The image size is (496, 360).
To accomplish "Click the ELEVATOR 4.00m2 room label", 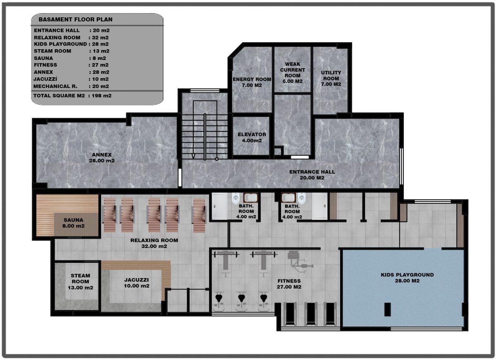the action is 252,138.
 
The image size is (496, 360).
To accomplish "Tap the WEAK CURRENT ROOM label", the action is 292,73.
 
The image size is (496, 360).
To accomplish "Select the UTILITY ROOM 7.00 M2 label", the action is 331,79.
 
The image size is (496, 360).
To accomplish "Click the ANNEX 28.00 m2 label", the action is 102,157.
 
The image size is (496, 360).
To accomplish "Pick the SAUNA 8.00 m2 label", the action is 73,223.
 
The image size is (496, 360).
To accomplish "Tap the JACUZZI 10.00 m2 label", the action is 136,283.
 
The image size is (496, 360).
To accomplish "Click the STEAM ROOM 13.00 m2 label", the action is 80,281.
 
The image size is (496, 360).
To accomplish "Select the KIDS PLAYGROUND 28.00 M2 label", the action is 407,278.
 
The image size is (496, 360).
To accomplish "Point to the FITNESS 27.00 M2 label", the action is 289,284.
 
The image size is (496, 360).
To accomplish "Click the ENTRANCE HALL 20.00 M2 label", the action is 312,175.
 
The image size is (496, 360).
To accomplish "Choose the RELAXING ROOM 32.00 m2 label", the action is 154,243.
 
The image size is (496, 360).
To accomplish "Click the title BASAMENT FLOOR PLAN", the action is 76,19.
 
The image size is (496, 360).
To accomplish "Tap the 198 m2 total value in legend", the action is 102,95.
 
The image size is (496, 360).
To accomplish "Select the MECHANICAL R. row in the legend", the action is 71,86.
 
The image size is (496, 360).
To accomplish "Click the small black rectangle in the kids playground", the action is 388,309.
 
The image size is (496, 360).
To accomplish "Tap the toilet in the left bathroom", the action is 236,198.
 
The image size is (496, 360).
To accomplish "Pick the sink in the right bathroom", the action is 288,198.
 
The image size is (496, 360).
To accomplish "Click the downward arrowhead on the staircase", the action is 193,156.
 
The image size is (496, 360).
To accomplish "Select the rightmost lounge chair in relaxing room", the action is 199,215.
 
